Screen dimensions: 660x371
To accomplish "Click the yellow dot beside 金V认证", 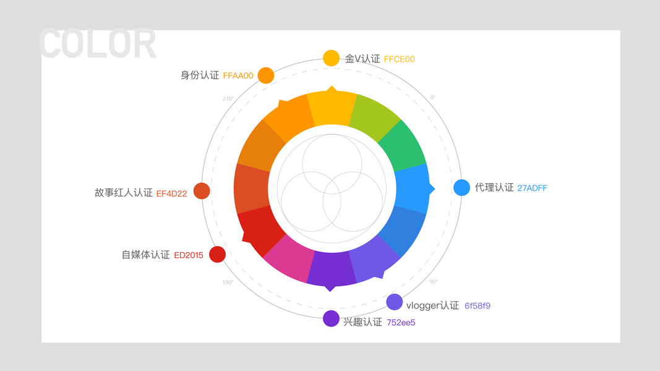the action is [x=331, y=58].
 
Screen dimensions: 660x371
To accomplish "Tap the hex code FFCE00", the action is [x=399, y=59].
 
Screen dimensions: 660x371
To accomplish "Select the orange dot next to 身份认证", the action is [x=266, y=75].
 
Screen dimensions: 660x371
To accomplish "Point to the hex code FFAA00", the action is [x=238, y=76].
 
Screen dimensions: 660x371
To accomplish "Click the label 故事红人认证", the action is [x=123, y=193].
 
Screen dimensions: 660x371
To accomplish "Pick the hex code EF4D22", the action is [x=171, y=194].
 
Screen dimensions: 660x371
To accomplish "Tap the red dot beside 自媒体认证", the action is [x=217, y=254].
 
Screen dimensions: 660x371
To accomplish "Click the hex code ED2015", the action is [x=189, y=255].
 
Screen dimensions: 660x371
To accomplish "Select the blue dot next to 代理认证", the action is [x=461, y=187].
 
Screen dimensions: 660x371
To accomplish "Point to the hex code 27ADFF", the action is [x=532, y=188].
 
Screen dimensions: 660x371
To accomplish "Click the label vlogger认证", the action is [x=432, y=305].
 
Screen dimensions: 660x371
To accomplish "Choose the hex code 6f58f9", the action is [x=478, y=306].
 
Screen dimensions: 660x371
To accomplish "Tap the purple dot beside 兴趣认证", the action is [x=331, y=318].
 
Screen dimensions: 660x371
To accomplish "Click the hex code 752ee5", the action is [x=401, y=322].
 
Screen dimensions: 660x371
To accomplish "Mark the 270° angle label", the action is [x=228, y=99].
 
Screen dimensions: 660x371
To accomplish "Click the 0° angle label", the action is [x=433, y=97].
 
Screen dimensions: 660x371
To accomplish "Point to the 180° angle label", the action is [x=228, y=283].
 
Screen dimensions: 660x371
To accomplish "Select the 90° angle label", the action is [x=434, y=282].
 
